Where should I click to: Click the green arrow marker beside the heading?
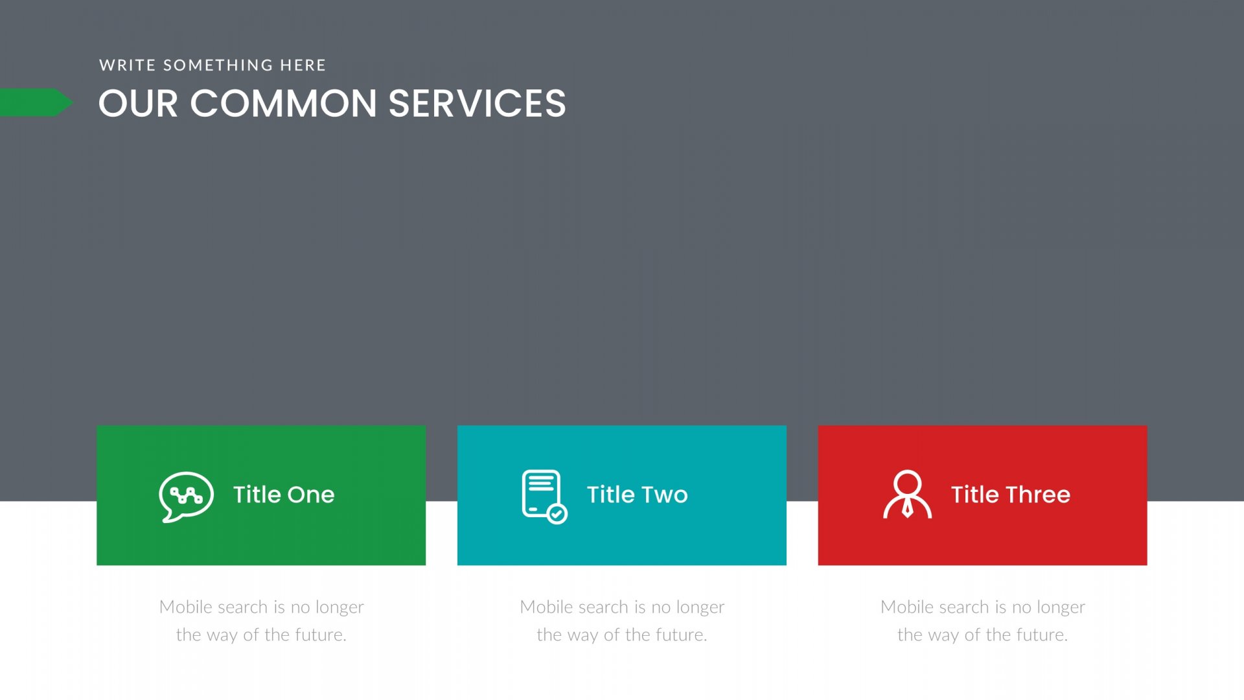(36, 102)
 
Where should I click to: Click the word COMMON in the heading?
(283, 104)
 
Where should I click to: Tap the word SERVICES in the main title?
(477, 104)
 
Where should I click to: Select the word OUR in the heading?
(138, 104)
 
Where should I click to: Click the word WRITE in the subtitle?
(128, 65)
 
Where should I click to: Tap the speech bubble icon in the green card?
(186, 496)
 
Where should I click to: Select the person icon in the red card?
(907, 495)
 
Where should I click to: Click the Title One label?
(284, 495)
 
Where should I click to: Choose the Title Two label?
(637, 495)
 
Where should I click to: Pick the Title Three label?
(1010, 495)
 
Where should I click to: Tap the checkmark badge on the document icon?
(557, 514)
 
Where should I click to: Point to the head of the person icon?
(907, 484)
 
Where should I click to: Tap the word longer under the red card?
(1061, 608)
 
